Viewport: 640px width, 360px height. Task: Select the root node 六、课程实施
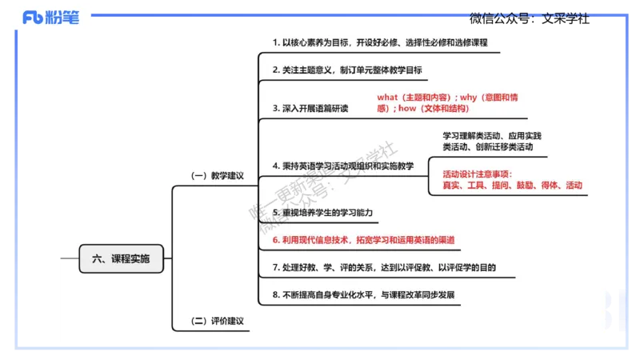(121, 258)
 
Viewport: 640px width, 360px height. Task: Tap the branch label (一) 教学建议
(216, 176)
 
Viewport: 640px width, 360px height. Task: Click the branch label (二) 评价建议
(216, 322)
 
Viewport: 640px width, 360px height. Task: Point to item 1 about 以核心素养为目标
(379, 42)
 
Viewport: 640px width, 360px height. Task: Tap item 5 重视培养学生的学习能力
(322, 213)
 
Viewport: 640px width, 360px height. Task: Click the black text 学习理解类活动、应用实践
(492, 135)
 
